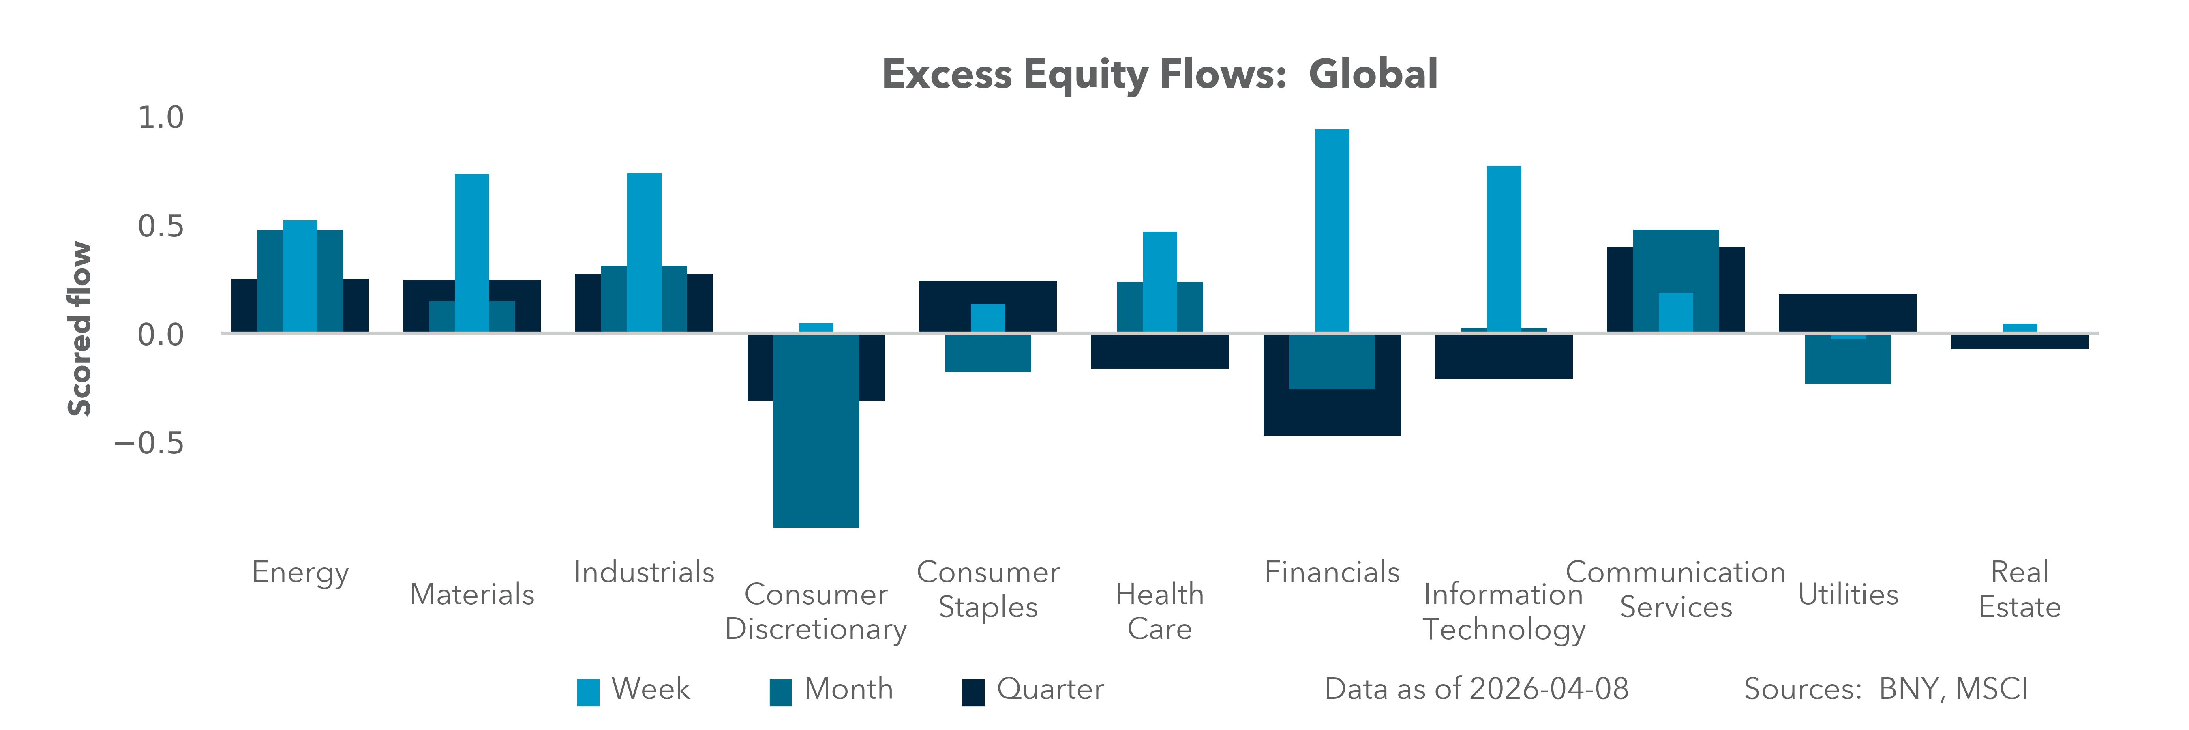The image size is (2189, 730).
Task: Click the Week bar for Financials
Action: click(1332, 230)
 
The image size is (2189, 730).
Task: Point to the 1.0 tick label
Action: click(161, 117)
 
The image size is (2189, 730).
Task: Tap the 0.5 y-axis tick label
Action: click(161, 226)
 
